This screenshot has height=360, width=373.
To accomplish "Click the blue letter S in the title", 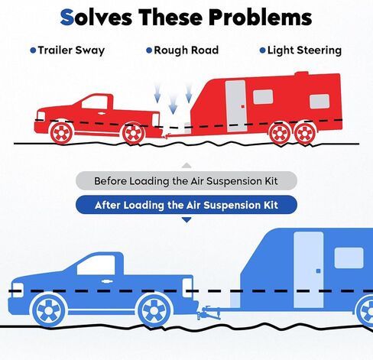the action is (67, 18).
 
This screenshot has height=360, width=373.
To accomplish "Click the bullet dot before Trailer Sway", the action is (33, 50).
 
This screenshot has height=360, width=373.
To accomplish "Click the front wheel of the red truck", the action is (61, 133).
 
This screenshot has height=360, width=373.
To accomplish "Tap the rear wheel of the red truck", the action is (133, 134).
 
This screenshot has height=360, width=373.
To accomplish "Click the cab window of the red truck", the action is (94, 103).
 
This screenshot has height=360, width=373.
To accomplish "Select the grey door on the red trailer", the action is (236, 106).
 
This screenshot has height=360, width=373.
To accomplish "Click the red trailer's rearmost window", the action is (319, 101).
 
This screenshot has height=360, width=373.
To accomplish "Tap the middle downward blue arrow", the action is (173, 104).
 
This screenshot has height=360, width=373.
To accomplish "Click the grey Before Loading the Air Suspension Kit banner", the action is (186, 181).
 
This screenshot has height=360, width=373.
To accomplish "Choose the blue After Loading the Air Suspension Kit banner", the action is (186, 205).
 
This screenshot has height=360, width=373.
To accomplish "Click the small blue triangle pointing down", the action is (186, 220).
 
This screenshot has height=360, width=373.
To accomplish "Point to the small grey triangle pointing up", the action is (186, 166).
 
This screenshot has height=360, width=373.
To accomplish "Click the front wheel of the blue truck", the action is (49, 310).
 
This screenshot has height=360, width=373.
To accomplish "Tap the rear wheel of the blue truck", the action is (154, 310).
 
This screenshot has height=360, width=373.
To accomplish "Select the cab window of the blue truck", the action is (96, 265).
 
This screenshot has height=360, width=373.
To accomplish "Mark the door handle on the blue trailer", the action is (318, 271).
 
